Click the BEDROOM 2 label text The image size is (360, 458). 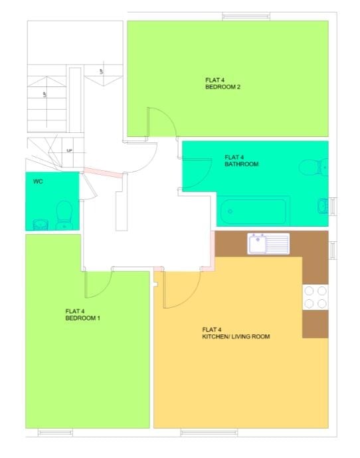coord(221,83)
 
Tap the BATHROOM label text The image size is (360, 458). coord(241,160)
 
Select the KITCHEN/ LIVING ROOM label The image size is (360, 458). coord(236,333)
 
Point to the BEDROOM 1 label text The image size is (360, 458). coord(82,314)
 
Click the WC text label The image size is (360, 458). coord(38,180)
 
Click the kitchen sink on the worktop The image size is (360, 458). coord(268,243)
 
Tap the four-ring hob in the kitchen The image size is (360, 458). coord(315,297)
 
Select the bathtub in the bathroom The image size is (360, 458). coord(254,211)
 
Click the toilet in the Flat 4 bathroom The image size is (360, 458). coord(310,166)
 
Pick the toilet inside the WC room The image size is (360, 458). coord(64,213)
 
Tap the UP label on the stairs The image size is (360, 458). coord(69,151)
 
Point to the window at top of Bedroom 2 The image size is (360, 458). coord(241,16)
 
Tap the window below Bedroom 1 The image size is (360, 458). coord(55,433)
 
